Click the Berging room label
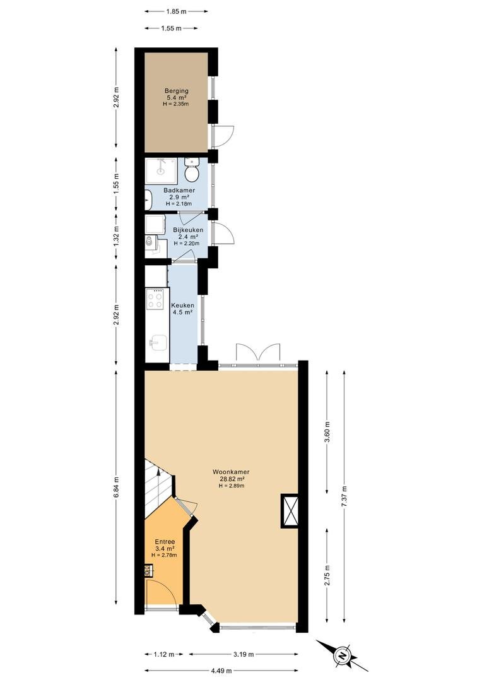click(x=177, y=91)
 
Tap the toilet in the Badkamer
click(x=191, y=170)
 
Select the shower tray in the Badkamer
click(x=161, y=170)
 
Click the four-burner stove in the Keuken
click(x=155, y=299)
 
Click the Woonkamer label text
click(x=231, y=472)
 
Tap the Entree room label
click(x=165, y=542)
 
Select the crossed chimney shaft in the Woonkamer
click(x=290, y=511)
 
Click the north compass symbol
click(x=343, y=655)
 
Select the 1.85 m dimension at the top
click(x=177, y=12)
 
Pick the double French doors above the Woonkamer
click(x=258, y=352)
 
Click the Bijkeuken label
click(x=188, y=230)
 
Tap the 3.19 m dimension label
click(x=244, y=654)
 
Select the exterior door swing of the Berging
click(x=224, y=136)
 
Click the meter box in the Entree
click(x=148, y=570)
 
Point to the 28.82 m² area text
click(x=231, y=479)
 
